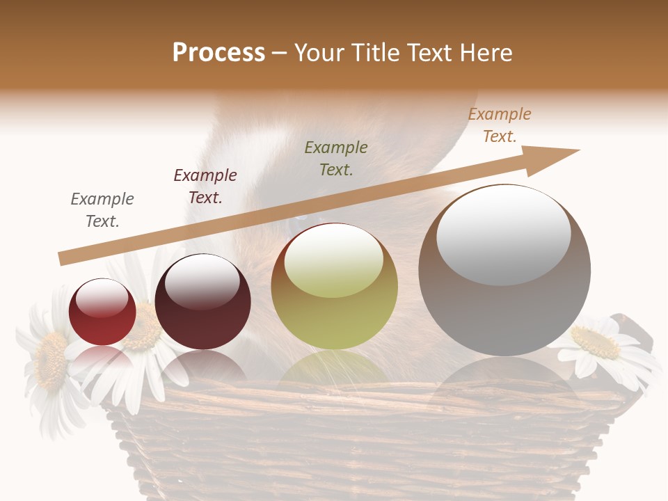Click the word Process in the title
pos(218,53)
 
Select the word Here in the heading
pos(485,53)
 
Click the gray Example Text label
pos(102,210)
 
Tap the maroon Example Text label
pos(205,186)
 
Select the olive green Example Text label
pos(336,158)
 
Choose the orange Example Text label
pos(500,125)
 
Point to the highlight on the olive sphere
pos(333,260)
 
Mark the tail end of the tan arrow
pos(63,259)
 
